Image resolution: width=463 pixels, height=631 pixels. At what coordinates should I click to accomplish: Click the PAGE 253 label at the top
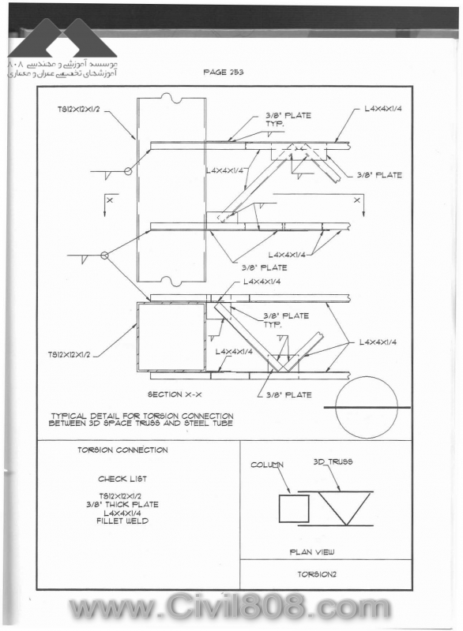click(x=224, y=72)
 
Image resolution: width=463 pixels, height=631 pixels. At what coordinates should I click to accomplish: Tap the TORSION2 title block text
click(x=317, y=574)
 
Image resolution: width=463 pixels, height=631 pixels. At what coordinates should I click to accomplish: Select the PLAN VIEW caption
click(x=312, y=551)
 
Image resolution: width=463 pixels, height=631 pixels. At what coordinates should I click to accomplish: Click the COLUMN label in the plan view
click(x=267, y=465)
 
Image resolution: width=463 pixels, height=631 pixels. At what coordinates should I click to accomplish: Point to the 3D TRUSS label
click(x=333, y=461)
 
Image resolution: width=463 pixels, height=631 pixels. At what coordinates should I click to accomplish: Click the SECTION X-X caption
click(x=175, y=394)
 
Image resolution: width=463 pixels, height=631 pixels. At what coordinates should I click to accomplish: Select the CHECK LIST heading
click(x=122, y=479)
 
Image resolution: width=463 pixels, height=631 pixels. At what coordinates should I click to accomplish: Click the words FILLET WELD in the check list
click(x=122, y=521)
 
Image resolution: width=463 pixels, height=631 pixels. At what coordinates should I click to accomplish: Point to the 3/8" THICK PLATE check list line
click(x=122, y=504)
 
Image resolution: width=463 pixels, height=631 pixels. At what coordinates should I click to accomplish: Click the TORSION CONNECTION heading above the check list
click(x=122, y=450)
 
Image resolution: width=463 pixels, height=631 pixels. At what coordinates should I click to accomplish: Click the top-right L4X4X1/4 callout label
click(x=383, y=109)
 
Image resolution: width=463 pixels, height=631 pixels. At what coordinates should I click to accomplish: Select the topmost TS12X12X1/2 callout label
click(x=78, y=109)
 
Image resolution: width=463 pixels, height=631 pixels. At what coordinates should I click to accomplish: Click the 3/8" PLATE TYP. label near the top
click(x=288, y=119)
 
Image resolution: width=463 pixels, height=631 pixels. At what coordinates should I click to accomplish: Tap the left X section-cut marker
click(x=110, y=200)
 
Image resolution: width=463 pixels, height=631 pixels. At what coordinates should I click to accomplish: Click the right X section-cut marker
click(x=356, y=200)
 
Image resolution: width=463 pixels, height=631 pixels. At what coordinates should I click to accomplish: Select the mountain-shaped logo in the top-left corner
click(x=62, y=38)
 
